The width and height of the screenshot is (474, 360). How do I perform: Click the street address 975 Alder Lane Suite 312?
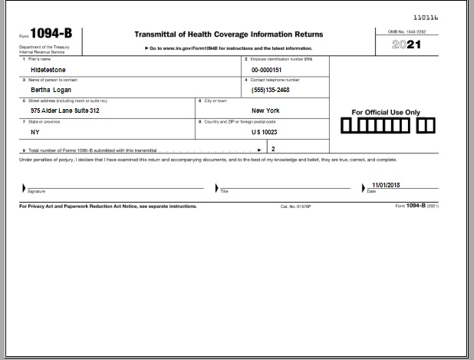click(x=64, y=110)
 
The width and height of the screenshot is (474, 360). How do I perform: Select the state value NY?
click(x=35, y=131)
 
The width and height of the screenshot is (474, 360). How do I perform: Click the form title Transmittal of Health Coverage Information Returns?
click(x=229, y=35)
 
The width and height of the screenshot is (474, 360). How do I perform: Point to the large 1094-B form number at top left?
click(x=52, y=35)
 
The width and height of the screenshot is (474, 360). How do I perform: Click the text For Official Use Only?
click(x=387, y=112)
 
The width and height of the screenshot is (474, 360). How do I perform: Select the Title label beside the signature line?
click(x=225, y=190)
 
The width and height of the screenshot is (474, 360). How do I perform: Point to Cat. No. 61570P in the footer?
click(x=296, y=206)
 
